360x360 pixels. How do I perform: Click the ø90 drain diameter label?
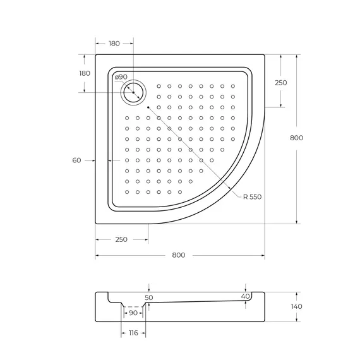(121, 77)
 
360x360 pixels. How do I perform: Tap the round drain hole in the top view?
(133, 92)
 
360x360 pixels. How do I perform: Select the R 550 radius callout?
(252, 196)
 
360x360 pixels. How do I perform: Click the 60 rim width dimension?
(76, 160)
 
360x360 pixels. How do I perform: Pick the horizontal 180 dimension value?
(114, 44)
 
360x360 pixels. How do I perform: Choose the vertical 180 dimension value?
(84, 73)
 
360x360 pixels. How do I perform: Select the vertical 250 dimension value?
(281, 83)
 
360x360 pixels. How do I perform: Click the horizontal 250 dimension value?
(121, 239)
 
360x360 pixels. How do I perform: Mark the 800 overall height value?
(306, 138)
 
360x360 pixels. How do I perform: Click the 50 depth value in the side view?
(149, 297)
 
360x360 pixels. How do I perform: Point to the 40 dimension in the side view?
(245, 296)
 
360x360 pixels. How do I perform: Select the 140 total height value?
(306, 307)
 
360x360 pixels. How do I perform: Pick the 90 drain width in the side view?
(133, 313)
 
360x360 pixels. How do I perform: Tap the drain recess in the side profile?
(133, 306)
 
